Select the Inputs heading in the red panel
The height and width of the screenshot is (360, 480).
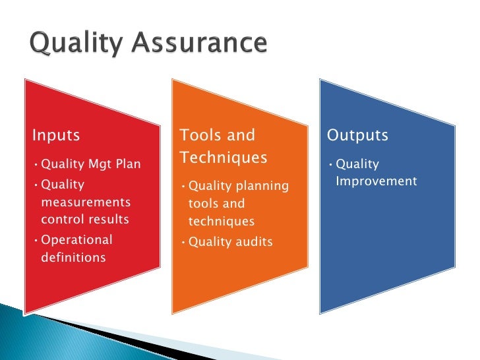pos(56,135)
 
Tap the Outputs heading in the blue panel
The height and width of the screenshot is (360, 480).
pos(358,135)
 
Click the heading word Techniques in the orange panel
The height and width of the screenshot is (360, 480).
pos(224,158)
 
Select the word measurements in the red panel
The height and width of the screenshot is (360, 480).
pos(86,202)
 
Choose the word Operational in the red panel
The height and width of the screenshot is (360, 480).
pos(76,240)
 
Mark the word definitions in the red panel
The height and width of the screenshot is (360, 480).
pos(73,257)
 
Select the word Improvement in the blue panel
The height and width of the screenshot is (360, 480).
pos(376,181)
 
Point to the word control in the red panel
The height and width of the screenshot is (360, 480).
pos(60,219)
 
